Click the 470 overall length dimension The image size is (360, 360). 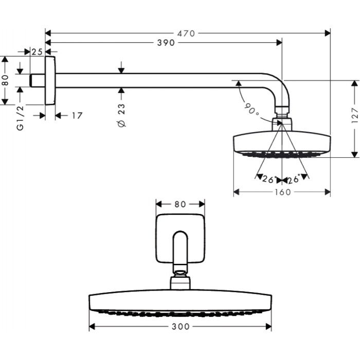coord(186,33)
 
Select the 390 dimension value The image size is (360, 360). coord(166,43)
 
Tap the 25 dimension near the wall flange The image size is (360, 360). coord(37,51)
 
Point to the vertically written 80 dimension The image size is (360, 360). coord(6,81)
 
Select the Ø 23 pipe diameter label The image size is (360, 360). coord(122,116)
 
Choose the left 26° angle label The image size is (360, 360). coord(268,180)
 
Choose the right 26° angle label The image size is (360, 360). coord(294,180)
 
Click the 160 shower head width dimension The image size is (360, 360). coord(282,192)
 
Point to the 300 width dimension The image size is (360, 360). coord(180,327)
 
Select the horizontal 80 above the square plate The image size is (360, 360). coord(180,204)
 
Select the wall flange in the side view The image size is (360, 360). coord(50,81)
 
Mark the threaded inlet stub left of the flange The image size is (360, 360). coord(37,81)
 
